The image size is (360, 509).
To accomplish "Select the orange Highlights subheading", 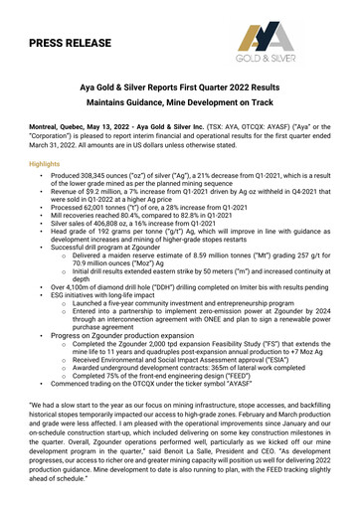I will coord(44,163).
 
